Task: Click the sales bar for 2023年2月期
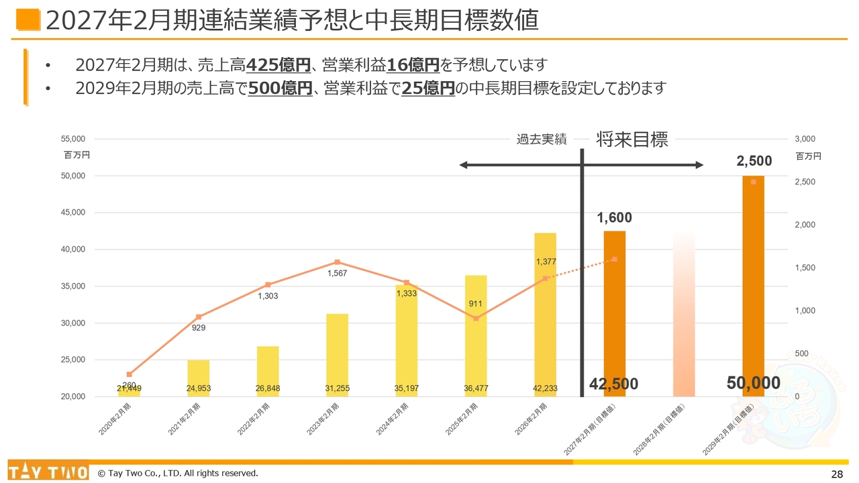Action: [337, 355]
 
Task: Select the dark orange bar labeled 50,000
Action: [753, 282]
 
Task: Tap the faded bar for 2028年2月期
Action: [684, 315]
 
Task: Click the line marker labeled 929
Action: [199, 317]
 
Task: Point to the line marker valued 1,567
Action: [337, 262]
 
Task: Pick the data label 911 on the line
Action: [476, 304]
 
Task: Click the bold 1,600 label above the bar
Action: [614, 218]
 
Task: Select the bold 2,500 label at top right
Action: [754, 161]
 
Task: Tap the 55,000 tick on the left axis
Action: [73, 139]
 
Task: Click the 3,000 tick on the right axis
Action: [804, 139]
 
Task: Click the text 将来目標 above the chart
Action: [632, 140]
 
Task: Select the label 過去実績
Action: [541, 140]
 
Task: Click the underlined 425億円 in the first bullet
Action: [279, 65]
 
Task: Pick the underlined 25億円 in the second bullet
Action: [428, 88]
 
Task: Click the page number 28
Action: [836, 474]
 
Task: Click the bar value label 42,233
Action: [545, 388]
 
